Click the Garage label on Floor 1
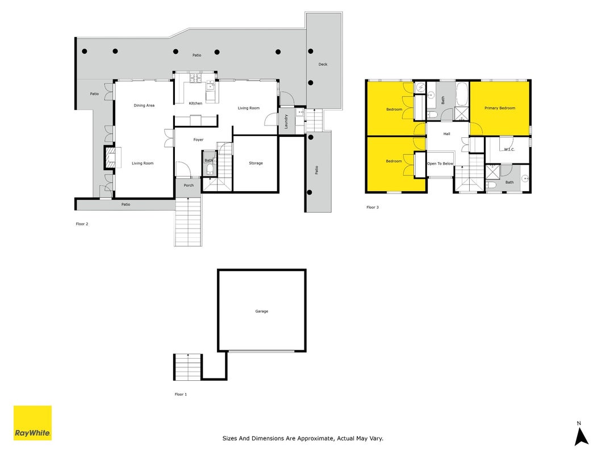pyautogui.click(x=262, y=311)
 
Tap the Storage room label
pyautogui.click(x=256, y=163)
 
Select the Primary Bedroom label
pyautogui.click(x=500, y=108)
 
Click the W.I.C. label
pyautogui.click(x=509, y=149)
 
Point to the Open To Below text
pyautogui.click(x=440, y=163)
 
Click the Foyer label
pyautogui.click(x=198, y=140)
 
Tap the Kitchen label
pyautogui.click(x=195, y=103)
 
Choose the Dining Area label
pyautogui.click(x=144, y=106)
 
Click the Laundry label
pyautogui.click(x=286, y=121)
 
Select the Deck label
pyautogui.click(x=323, y=65)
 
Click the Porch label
pyautogui.click(x=189, y=186)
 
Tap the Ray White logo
pyautogui.click(x=32, y=423)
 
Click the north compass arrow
pyautogui.click(x=581, y=436)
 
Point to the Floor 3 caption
pyautogui.click(x=373, y=207)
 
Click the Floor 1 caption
pyautogui.click(x=181, y=394)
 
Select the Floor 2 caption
pyautogui.click(x=82, y=224)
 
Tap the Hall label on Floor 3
pyautogui.click(x=447, y=134)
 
